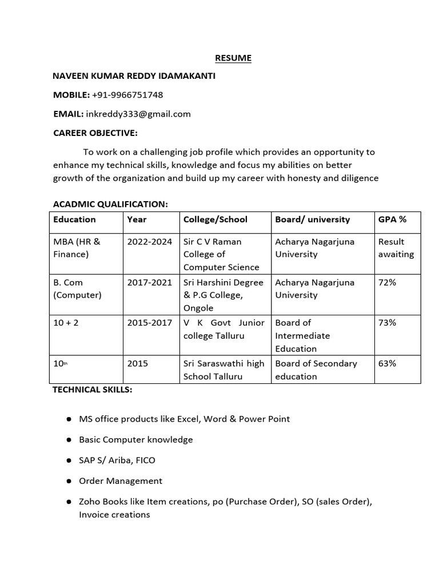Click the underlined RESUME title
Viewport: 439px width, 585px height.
point(233,58)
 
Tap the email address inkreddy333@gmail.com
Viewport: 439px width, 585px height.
point(138,114)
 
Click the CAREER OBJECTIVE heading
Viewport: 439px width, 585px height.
point(95,133)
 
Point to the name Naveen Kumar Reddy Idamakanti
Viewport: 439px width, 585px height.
point(134,76)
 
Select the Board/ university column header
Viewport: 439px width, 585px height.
point(312,219)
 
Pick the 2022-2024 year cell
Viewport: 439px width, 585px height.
point(149,242)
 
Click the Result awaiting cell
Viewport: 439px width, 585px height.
point(396,248)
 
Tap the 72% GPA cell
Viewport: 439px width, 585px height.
point(387,282)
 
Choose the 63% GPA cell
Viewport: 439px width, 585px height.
point(387,363)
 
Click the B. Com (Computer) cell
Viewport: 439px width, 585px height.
point(77,289)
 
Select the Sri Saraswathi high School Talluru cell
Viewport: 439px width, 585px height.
point(224,370)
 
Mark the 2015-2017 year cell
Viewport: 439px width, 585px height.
point(149,323)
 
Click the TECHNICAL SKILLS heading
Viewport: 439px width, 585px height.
point(93,390)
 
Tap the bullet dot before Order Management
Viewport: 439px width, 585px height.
point(68,481)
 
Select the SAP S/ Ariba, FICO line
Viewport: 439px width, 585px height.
point(117,460)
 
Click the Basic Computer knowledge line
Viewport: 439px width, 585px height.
point(135,439)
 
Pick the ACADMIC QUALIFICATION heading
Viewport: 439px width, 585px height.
point(110,204)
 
